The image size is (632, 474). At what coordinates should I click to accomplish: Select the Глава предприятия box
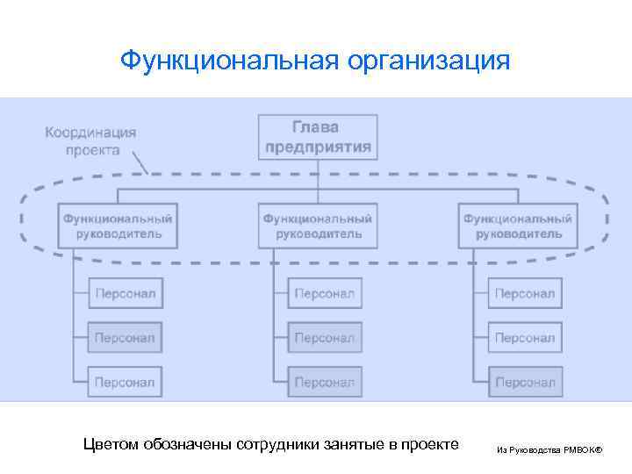tap(319, 137)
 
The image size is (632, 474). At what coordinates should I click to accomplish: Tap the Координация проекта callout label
tap(91, 141)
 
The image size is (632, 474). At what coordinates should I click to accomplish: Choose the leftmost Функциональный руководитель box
tap(118, 226)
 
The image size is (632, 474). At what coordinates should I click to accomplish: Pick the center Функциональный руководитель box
tap(318, 226)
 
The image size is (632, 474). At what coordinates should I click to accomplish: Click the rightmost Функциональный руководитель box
tap(519, 226)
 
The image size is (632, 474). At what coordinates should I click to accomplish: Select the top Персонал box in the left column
tap(125, 293)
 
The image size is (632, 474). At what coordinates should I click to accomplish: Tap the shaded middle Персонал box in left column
tap(125, 337)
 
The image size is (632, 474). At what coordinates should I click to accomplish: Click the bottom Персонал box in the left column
tap(125, 382)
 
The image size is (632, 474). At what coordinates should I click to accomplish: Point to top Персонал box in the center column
tap(325, 293)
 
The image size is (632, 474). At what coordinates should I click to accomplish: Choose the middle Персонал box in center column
tap(325, 337)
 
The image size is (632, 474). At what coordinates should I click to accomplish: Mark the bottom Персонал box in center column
tap(325, 382)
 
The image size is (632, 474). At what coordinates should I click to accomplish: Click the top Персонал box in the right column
tap(525, 293)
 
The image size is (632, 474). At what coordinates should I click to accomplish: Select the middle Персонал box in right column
tap(525, 337)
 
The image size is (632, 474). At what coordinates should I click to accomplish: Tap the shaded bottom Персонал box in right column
tap(525, 382)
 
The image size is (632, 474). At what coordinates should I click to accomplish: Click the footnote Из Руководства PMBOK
tap(549, 449)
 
